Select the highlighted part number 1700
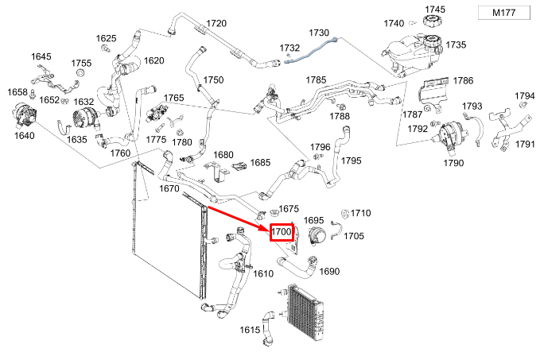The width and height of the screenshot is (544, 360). (282, 232)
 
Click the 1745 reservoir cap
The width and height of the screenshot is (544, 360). (434, 21)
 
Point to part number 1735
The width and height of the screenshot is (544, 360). (457, 45)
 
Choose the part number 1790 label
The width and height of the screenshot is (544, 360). (453, 163)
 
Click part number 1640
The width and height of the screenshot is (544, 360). (24, 136)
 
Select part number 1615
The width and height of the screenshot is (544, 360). (250, 329)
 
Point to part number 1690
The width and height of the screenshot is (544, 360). (329, 271)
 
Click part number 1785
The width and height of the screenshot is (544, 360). (317, 80)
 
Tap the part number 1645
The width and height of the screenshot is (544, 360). (41, 57)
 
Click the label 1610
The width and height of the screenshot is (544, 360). (263, 273)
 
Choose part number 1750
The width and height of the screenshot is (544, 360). (214, 80)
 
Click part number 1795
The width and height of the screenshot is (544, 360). (352, 161)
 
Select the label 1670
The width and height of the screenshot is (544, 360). (169, 188)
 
